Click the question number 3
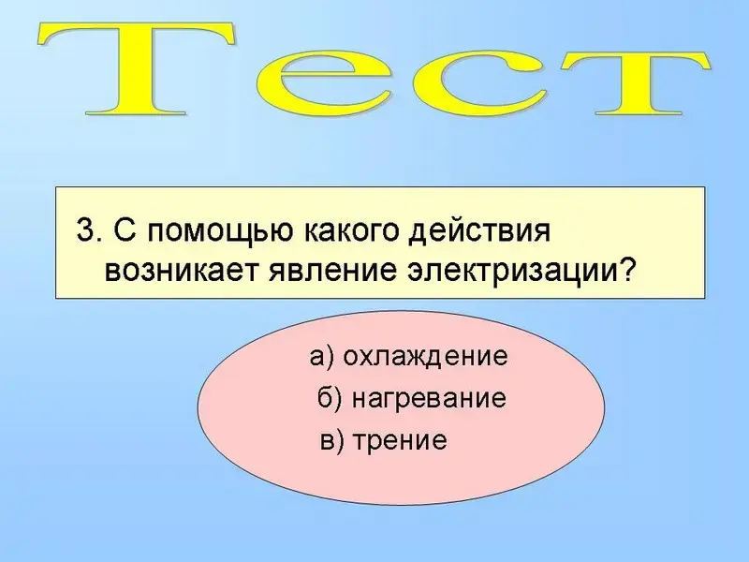tap(85, 231)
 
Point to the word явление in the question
tap(332, 271)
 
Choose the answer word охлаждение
tap(425, 357)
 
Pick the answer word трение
tap(400, 440)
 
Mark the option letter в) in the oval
tap(332, 440)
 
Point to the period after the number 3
tap(98, 241)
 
